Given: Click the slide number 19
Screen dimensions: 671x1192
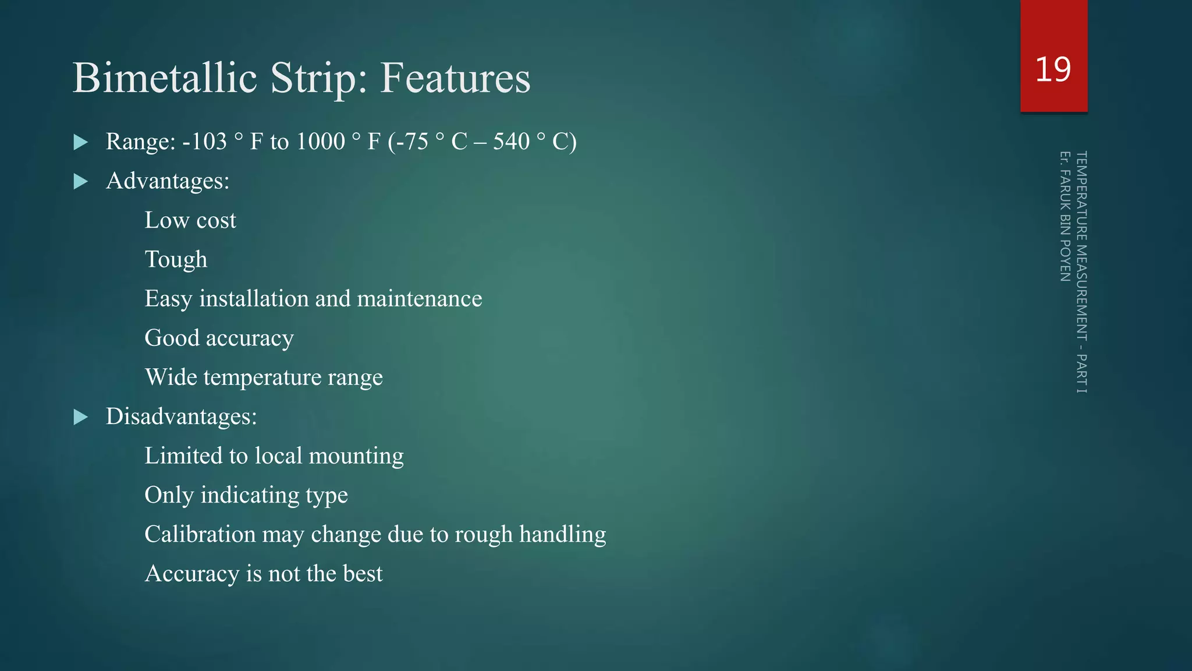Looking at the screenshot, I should point(1053,69).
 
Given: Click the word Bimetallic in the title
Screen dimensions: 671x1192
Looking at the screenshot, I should point(165,78).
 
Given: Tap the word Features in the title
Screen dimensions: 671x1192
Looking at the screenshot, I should point(455,78).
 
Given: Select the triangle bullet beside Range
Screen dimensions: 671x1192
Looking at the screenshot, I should point(81,142).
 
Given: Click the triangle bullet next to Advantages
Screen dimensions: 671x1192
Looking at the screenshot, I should point(81,182).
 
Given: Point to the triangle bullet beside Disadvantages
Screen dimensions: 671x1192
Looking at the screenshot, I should point(81,417).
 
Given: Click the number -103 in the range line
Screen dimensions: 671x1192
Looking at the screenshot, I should point(204,142).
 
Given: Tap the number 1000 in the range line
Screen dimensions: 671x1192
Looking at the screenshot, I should point(321,142).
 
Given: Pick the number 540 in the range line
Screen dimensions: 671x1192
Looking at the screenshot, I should point(511,142).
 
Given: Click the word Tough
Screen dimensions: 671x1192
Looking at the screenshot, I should point(176,260).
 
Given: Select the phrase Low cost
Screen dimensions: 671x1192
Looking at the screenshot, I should point(190,220).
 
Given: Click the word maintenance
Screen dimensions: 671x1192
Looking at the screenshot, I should point(419,299).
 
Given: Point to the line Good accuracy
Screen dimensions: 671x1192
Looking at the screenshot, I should point(219,338).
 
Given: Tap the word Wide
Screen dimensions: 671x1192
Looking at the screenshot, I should point(171,377).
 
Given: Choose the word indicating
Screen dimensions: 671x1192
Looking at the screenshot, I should point(250,495).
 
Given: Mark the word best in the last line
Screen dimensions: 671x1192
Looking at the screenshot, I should point(363,574).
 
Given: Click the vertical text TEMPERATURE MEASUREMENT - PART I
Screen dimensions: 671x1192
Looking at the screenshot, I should point(1081,272).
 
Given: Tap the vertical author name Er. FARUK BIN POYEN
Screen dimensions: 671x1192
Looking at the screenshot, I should point(1065,217).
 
